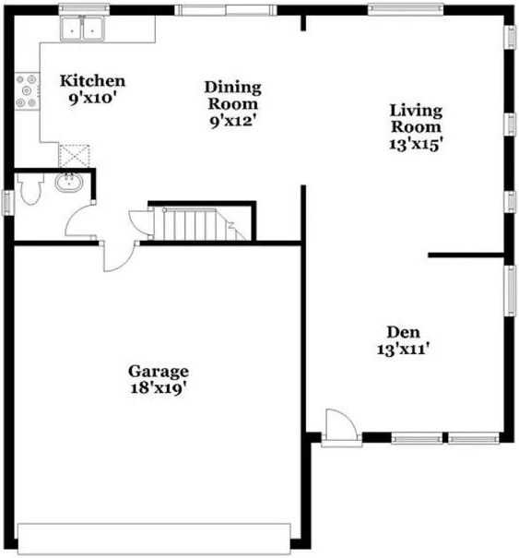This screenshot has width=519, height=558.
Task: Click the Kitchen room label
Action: [x=92, y=81]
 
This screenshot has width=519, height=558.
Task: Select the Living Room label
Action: [x=417, y=118]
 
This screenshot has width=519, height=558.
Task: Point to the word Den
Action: [x=402, y=332]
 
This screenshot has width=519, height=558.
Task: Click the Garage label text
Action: [x=159, y=372]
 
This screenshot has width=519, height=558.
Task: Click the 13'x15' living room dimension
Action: [x=417, y=143]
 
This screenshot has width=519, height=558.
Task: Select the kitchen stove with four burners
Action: [x=27, y=92]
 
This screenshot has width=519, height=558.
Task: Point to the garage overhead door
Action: [x=154, y=536]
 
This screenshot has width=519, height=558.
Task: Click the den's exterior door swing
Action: [x=337, y=426]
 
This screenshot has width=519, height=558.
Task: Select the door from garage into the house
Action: [x=118, y=256]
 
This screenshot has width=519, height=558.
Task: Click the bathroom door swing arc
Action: [x=78, y=220]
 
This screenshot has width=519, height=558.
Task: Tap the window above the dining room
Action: [x=225, y=10]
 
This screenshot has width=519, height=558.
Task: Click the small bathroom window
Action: [x=6, y=201]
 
